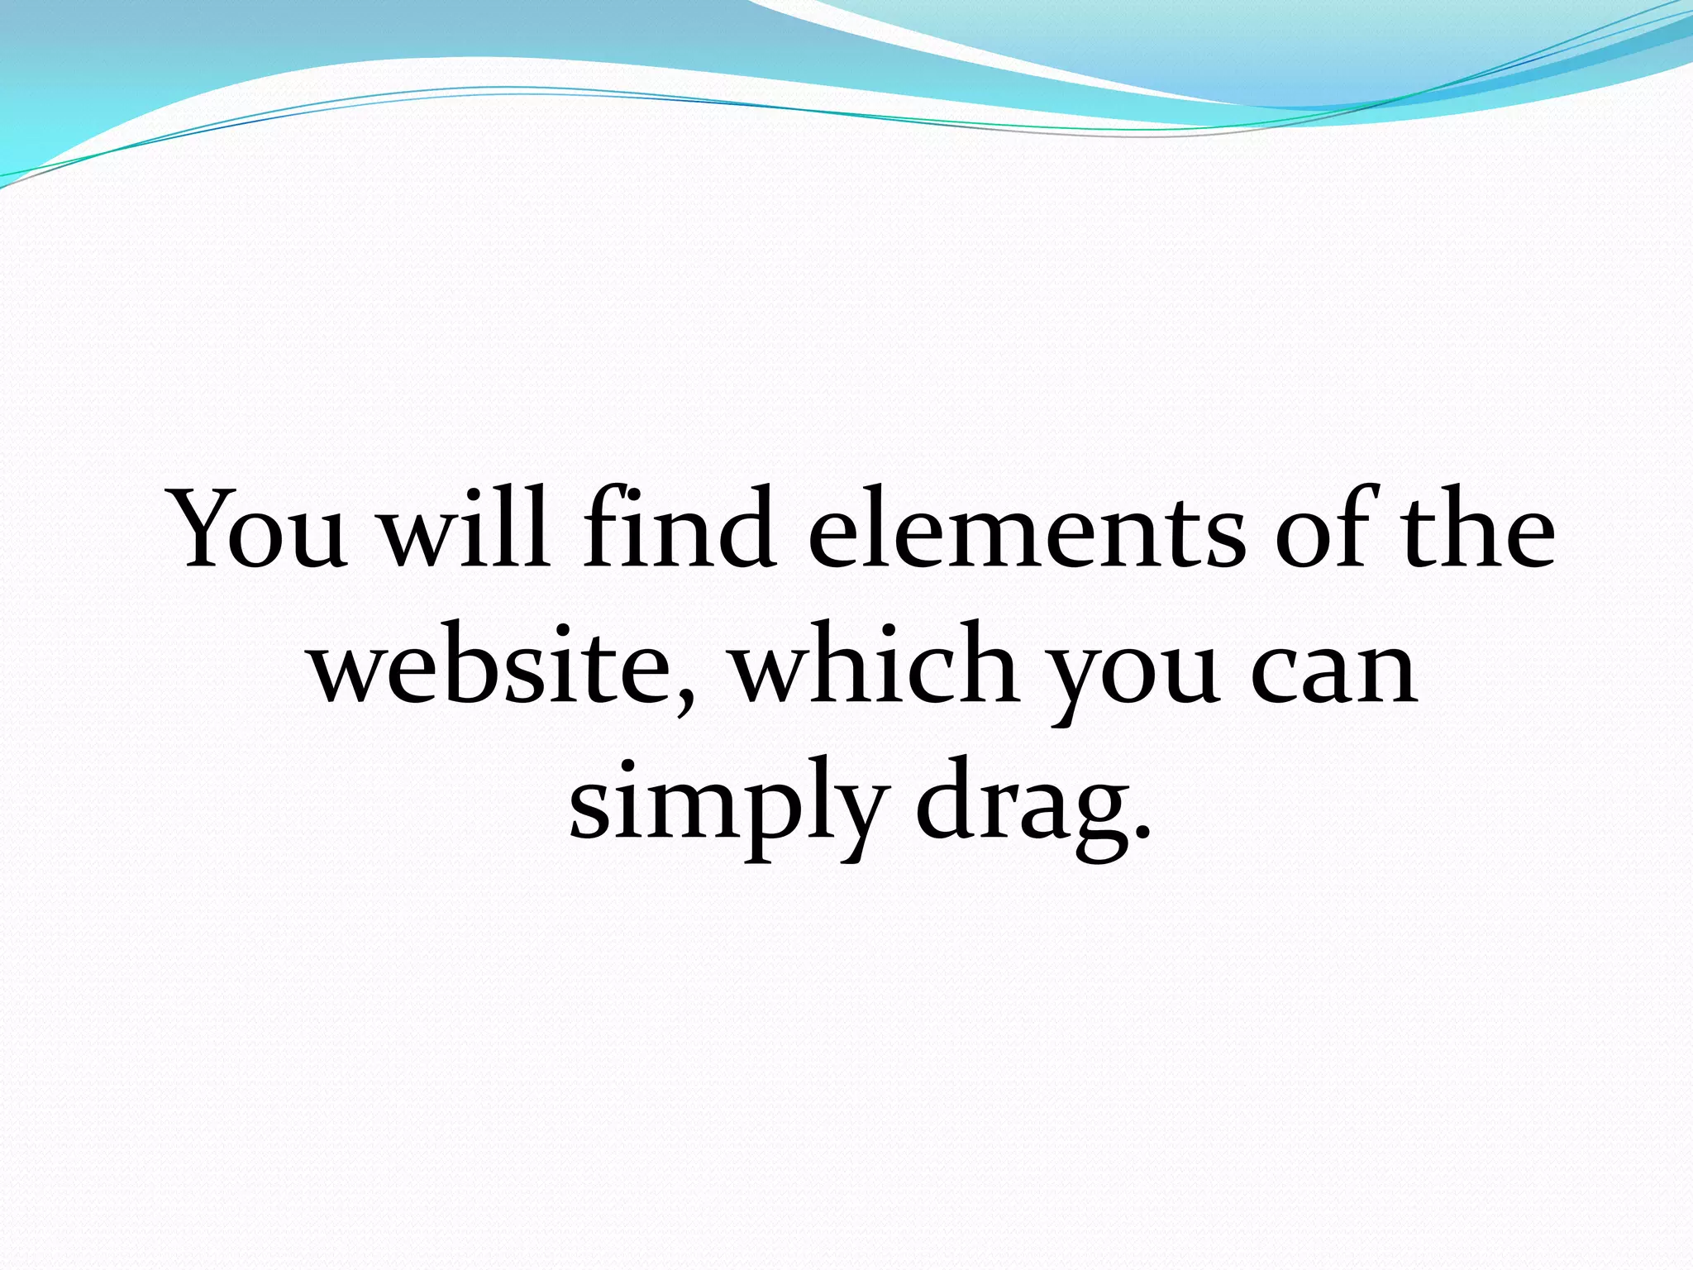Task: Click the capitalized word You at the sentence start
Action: (x=258, y=531)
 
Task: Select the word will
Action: (x=464, y=531)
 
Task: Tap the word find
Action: (x=678, y=531)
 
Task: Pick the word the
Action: (x=1480, y=531)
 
